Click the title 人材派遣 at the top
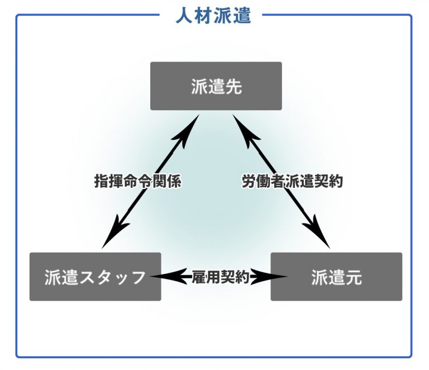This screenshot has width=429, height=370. coord(213,15)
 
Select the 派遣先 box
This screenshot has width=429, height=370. coord(216,86)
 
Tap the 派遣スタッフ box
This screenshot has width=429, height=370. coord(95,277)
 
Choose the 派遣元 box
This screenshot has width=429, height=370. coord(336,277)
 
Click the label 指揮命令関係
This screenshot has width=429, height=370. coord(138,182)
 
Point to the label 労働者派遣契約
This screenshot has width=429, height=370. coord(292,182)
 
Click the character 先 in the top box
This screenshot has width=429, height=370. coord(233,87)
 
